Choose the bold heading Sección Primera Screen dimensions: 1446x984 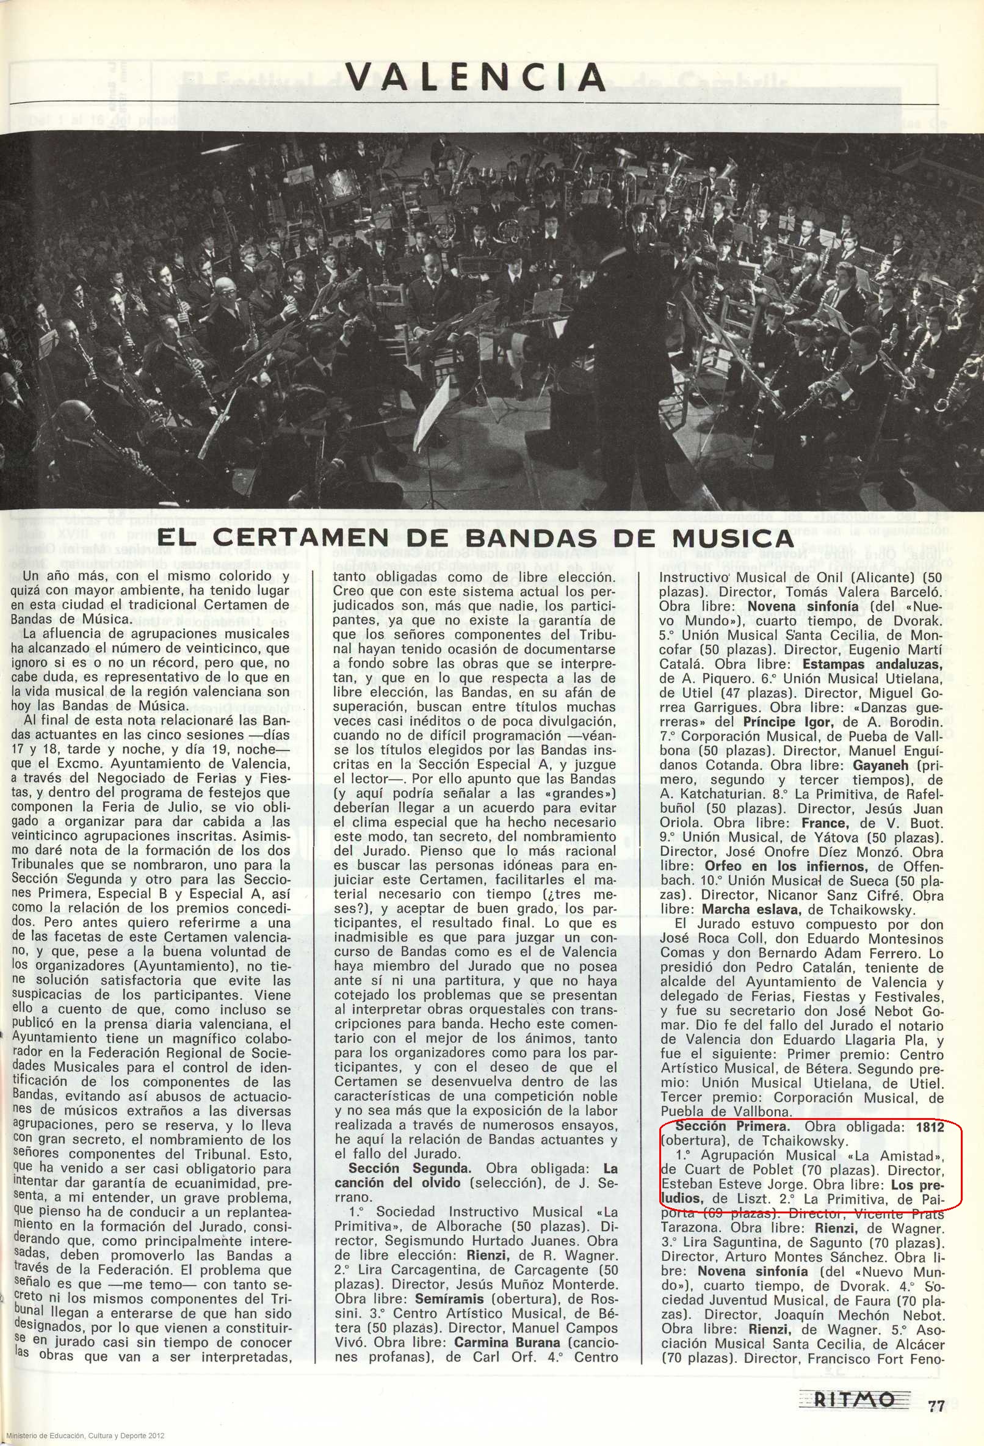pyautogui.click(x=732, y=1126)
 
